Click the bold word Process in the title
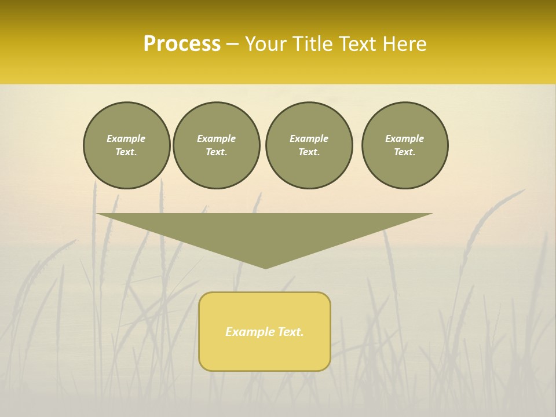tap(182, 44)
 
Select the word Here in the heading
tap(404, 44)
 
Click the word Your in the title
tap(266, 44)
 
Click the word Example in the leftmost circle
tap(126, 138)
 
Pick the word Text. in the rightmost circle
tap(405, 152)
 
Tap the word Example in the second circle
tap(217, 138)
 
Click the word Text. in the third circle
tap(309, 152)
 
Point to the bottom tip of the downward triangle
tap(265, 267)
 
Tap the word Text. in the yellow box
tap(291, 332)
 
